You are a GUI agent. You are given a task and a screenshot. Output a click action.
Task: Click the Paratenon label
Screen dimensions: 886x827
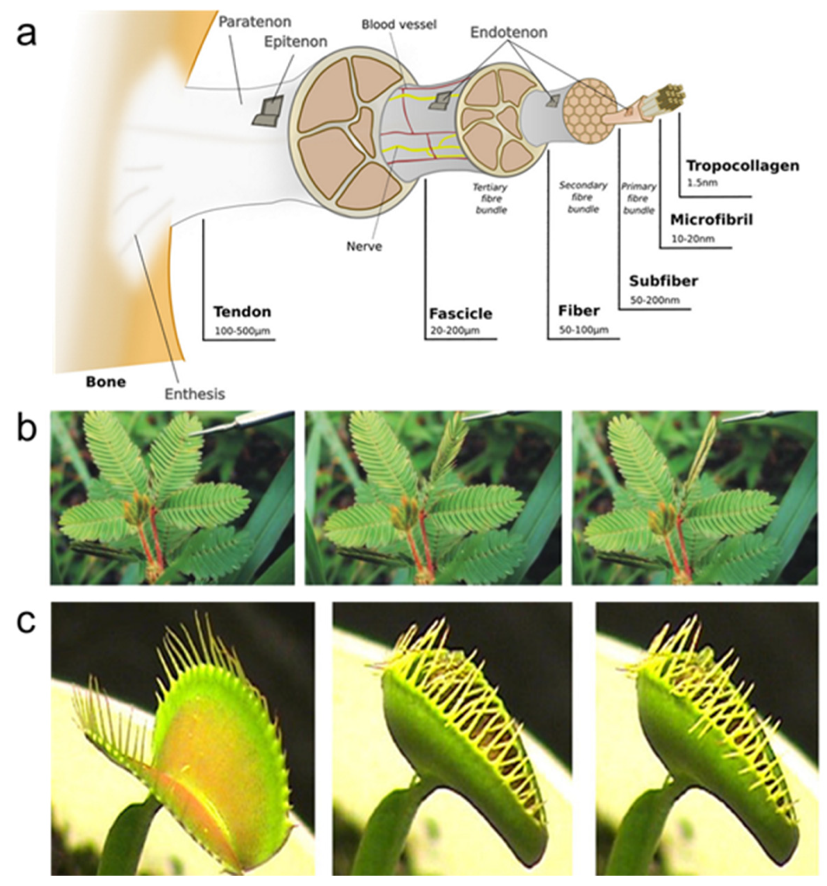click(x=254, y=22)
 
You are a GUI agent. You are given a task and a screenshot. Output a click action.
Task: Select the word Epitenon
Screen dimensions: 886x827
click(x=296, y=42)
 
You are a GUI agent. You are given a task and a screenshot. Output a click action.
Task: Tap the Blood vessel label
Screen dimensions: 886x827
click(x=399, y=25)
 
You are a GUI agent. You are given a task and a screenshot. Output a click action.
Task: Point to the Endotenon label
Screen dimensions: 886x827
click(x=509, y=32)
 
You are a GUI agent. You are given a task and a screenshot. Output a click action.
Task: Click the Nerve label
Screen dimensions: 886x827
click(x=364, y=245)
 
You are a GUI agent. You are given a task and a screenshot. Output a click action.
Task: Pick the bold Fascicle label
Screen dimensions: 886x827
click(x=460, y=314)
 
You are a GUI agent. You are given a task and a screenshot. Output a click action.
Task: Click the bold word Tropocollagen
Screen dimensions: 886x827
click(x=743, y=166)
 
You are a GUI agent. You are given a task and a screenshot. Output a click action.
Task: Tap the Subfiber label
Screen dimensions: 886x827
click(x=664, y=281)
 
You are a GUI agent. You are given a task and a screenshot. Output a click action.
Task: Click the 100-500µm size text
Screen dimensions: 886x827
click(x=243, y=331)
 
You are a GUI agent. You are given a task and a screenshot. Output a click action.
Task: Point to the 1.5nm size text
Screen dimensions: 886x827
click(x=702, y=182)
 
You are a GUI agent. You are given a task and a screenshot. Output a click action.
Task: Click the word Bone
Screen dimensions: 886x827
click(x=106, y=382)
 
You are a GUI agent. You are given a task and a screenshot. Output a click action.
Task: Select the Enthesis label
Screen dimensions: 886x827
click(x=195, y=394)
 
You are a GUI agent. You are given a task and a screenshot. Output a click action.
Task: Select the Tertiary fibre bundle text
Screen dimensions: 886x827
click(x=490, y=198)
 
